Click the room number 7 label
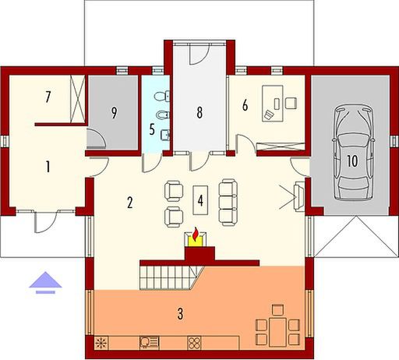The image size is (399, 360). pyautogui.click(x=48, y=97)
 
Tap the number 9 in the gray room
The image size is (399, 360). pyautogui.click(x=114, y=112)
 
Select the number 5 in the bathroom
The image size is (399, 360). pyautogui.click(x=152, y=129)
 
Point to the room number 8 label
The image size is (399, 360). pyautogui.click(x=199, y=112)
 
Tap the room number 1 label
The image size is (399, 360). pyautogui.click(x=48, y=166)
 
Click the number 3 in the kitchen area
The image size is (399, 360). pyautogui.click(x=180, y=315)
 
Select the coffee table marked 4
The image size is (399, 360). pyautogui.click(x=200, y=199)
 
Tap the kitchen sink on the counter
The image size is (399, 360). pyautogui.click(x=148, y=341)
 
